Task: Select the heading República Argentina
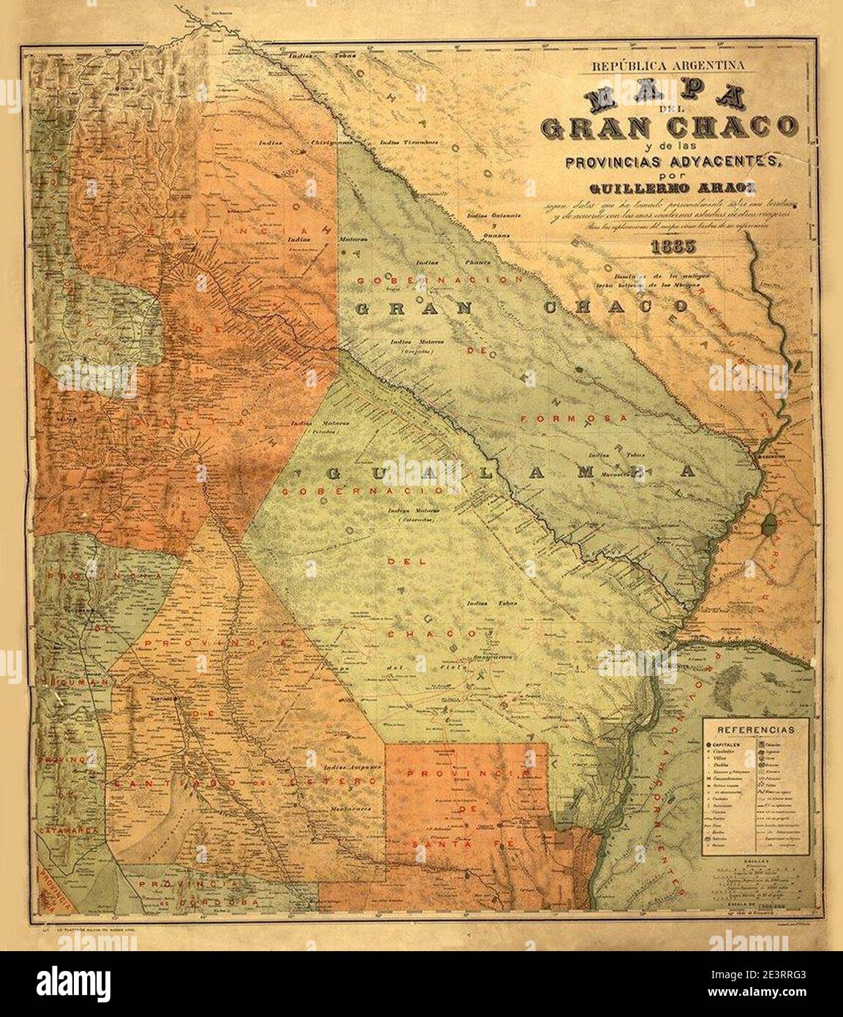coord(668,65)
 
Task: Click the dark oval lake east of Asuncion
coord(768,523)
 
